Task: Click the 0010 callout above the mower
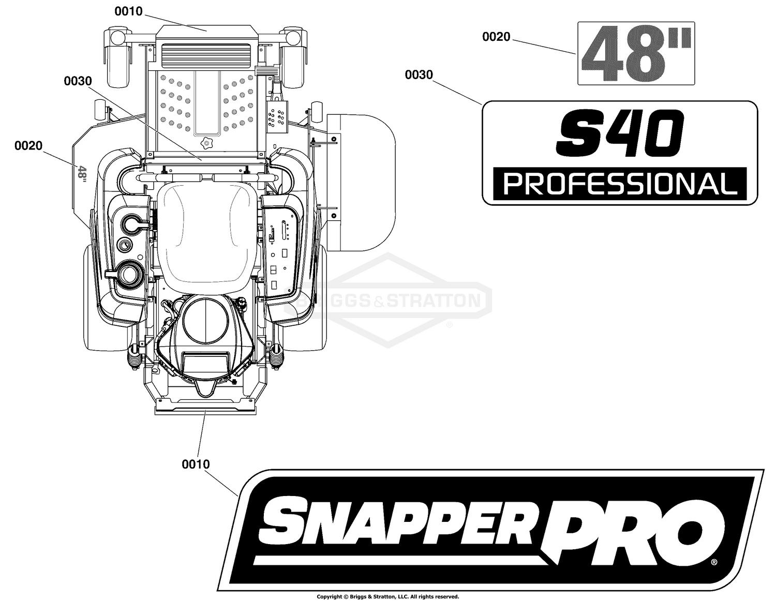point(129,11)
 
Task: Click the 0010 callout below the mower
point(196,464)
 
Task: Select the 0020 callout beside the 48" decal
point(497,37)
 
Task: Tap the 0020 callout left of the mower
point(28,146)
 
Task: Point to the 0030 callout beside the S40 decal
point(419,75)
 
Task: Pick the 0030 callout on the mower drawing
point(78,81)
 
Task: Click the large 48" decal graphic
point(636,54)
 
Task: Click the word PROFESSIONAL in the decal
point(620,184)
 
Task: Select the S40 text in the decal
point(620,133)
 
